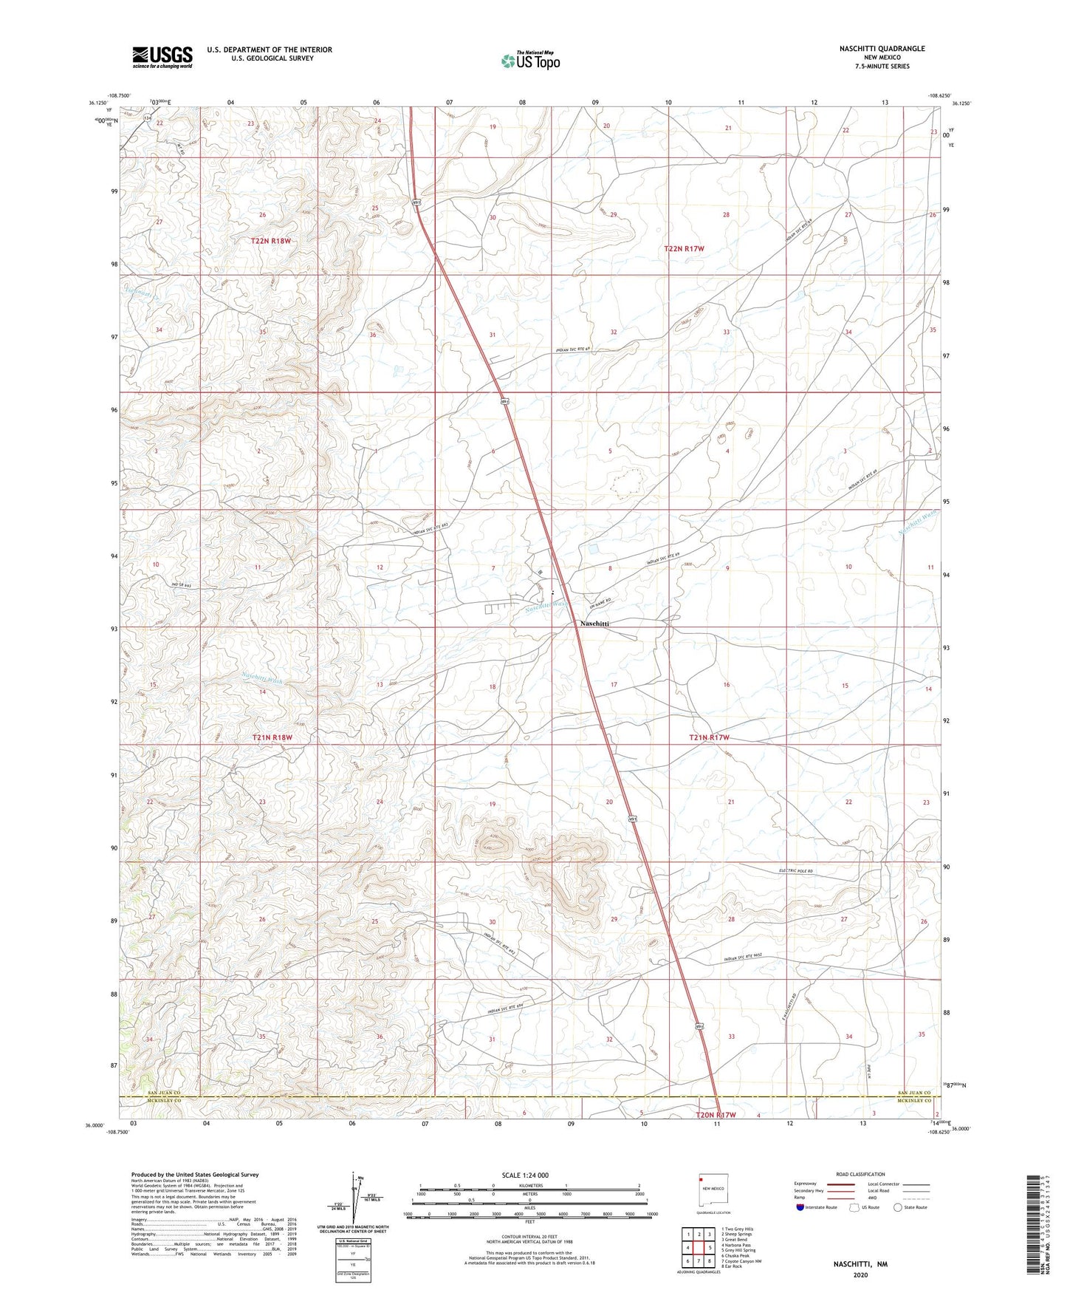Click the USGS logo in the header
point(162,56)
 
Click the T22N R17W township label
point(693,249)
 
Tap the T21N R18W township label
point(279,737)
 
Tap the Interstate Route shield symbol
point(800,1207)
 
